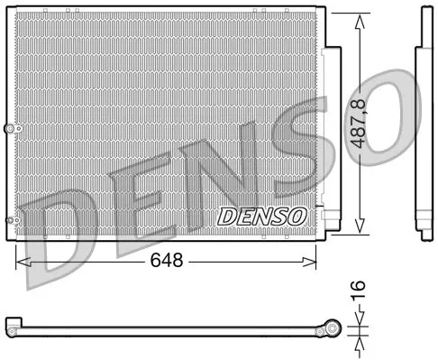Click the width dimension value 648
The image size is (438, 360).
(167, 261)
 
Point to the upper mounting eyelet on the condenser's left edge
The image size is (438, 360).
(11, 131)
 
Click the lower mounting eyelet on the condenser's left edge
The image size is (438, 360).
(11, 219)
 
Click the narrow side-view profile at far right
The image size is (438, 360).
(421, 126)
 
